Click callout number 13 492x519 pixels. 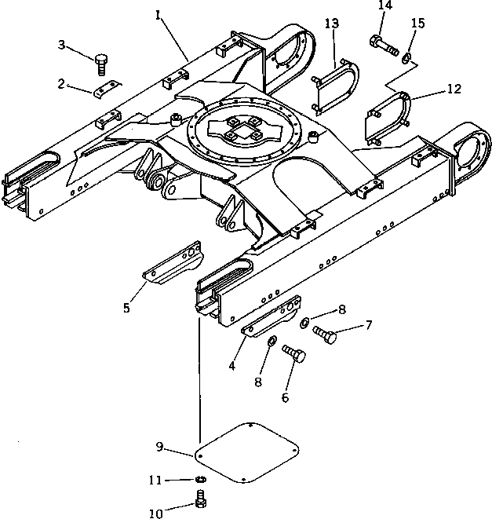(332, 24)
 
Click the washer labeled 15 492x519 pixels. (405, 58)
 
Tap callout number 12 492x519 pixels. (455, 89)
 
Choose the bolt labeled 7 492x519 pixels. (325, 334)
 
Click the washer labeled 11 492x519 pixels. (199, 481)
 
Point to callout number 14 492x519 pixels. (384, 5)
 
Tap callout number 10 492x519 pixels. (155, 514)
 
